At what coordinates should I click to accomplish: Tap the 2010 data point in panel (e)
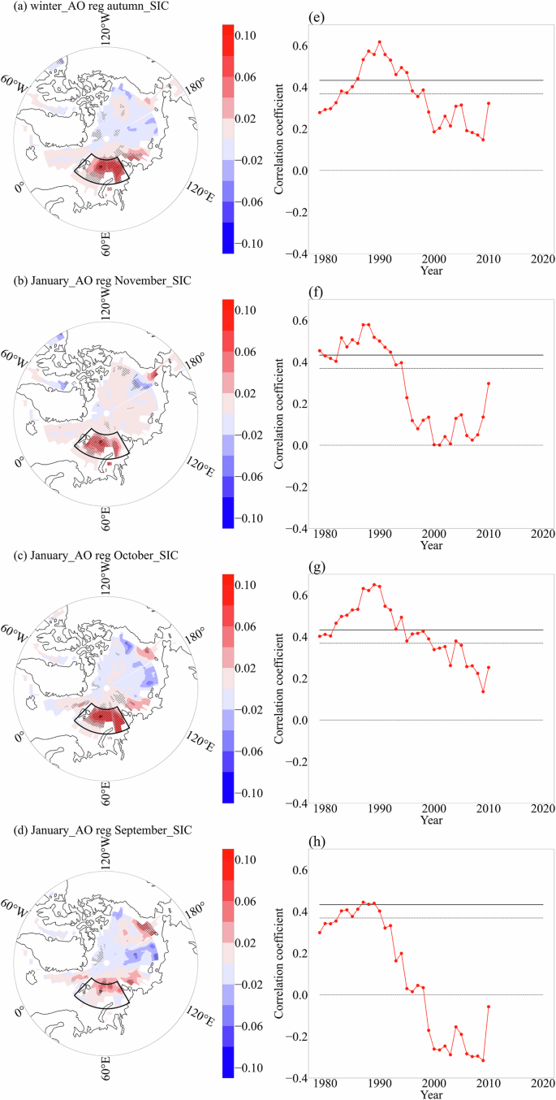coord(489,103)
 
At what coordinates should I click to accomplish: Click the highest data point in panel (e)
coord(379,42)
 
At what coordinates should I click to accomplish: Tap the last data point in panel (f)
coord(489,383)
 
